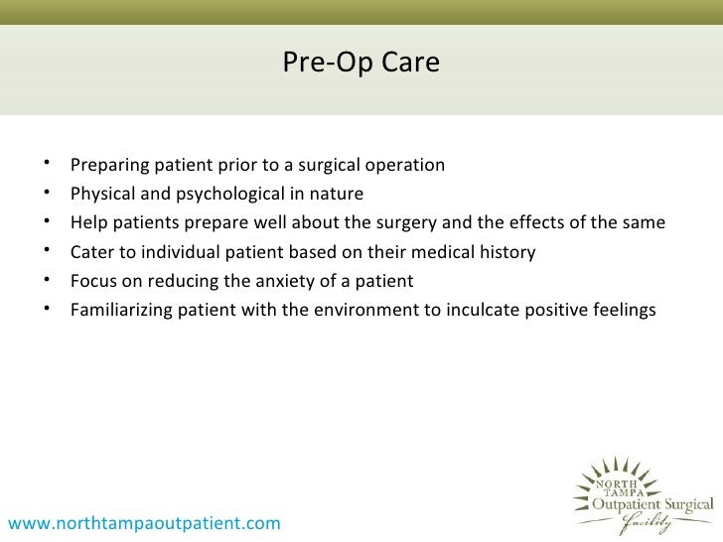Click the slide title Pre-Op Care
pos(361,63)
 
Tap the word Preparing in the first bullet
pos(107,165)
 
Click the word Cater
pos(91,251)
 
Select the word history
pos(506,251)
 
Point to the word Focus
pos(93,281)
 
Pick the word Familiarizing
pos(121,310)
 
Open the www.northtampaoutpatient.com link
pos(144,522)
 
